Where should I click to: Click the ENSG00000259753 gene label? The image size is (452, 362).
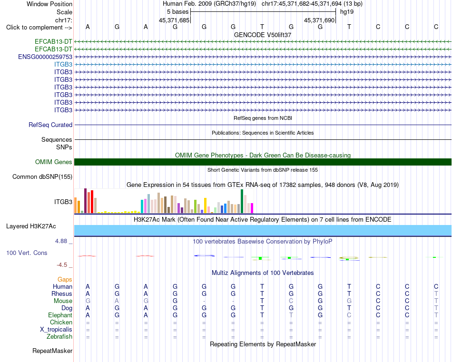pos(45,57)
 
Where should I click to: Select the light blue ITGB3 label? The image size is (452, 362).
pos(63,64)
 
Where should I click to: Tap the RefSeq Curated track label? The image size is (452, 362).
pos(50,125)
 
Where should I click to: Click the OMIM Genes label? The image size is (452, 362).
pos(54,162)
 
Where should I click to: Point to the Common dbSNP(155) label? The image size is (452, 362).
pos(42,176)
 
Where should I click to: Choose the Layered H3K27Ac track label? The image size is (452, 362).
pos(31,226)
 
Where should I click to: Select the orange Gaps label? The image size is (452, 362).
pos(65,279)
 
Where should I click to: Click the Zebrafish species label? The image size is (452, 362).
pos(59,336)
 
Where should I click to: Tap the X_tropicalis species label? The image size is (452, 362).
pos(56,330)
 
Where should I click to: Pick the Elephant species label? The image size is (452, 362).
pos(60,315)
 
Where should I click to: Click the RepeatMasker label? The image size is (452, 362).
pos(52,351)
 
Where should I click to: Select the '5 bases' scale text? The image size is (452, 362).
pos(177,12)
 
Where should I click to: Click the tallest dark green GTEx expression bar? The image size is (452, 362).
pos(242,201)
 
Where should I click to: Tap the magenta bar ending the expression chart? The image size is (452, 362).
pos(252,208)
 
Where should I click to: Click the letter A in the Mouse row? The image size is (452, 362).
pos(117,301)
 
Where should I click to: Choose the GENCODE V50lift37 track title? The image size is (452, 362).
pos(263,35)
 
